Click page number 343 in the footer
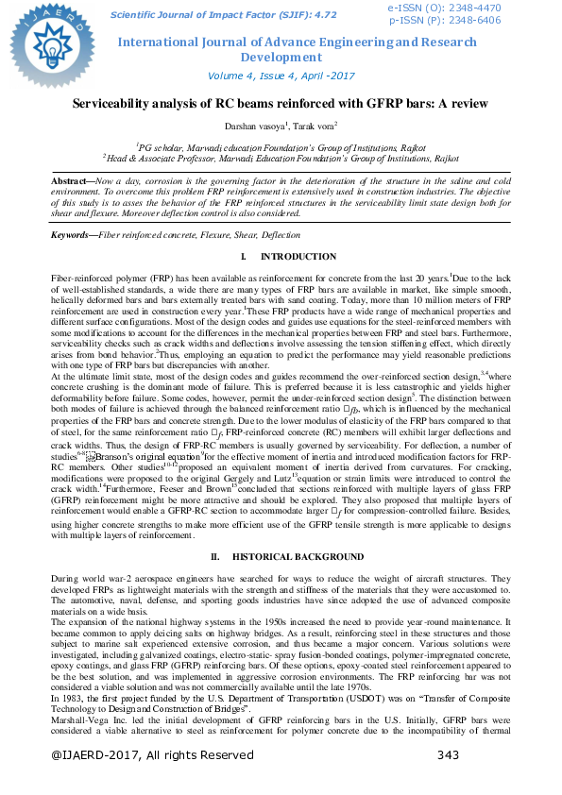(449, 781)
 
